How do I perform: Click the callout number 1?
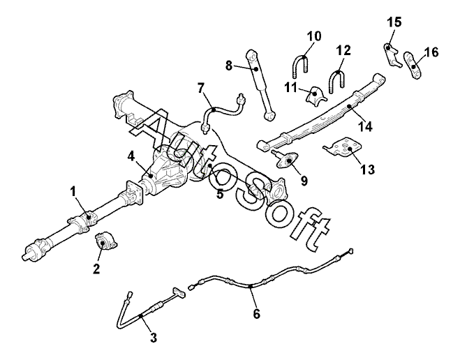point(74,190)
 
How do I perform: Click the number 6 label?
point(256,314)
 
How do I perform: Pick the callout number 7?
point(201,88)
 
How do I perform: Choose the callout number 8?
point(228,66)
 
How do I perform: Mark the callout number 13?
point(368,170)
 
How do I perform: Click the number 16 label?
point(431,52)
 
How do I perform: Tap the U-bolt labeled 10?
point(299,67)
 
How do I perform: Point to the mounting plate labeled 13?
point(343,148)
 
